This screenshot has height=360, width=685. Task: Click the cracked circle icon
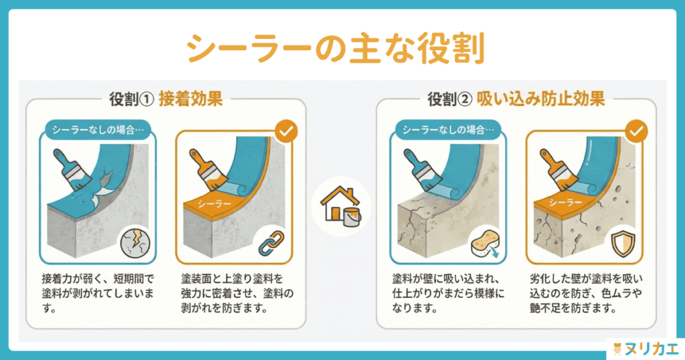pyautogui.click(x=136, y=244)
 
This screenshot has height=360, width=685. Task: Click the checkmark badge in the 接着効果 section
pyautogui.click(x=286, y=131)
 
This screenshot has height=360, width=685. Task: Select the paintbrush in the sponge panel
pyautogui.click(x=421, y=167)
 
